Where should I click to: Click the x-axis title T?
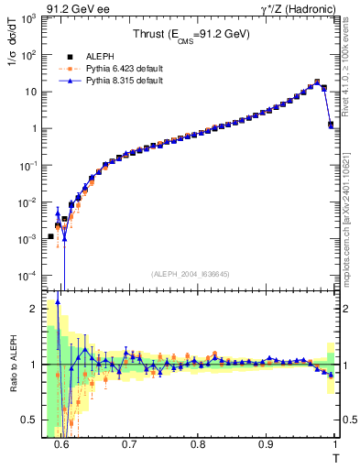(334, 457)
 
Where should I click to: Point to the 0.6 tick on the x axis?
(61, 444)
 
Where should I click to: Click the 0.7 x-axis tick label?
(129, 444)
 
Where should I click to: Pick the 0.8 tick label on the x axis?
(198, 444)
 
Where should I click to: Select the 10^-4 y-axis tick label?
(29, 276)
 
